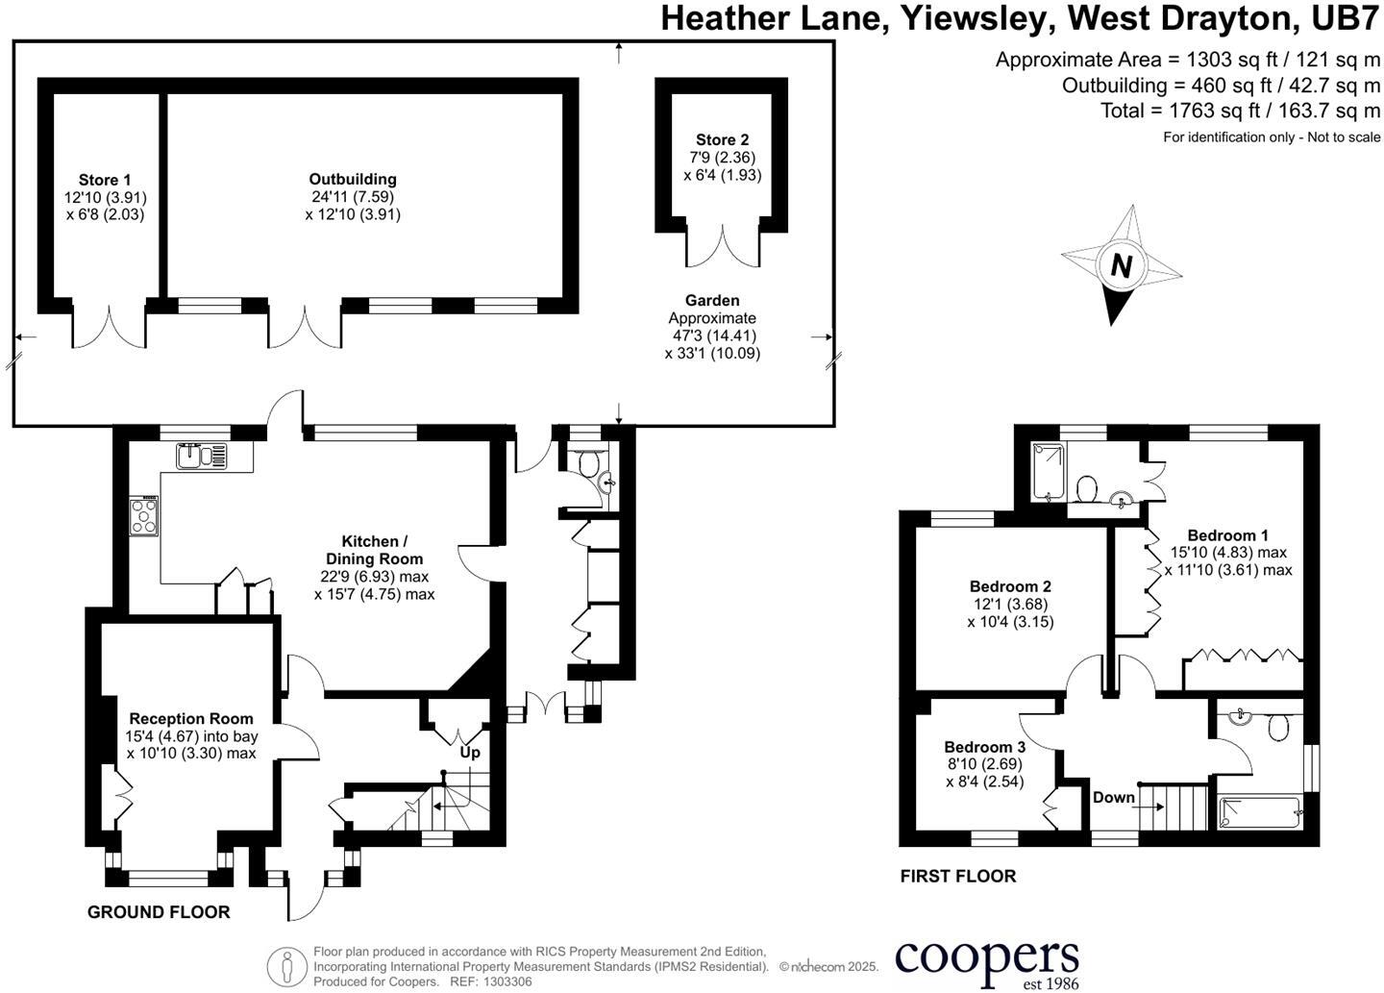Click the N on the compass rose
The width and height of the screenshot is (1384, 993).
click(x=1122, y=266)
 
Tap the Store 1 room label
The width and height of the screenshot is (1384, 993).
click(x=105, y=180)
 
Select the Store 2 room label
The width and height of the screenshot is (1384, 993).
click(x=723, y=139)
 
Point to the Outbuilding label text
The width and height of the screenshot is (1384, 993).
click(x=353, y=179)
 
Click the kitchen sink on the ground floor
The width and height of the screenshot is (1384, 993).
click(x=202, y=457)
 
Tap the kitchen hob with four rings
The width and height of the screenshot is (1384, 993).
click(x=144, y=515)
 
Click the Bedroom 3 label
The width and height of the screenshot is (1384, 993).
click(x=985, y=747)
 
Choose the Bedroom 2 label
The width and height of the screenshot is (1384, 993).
click(x=1010, y=586)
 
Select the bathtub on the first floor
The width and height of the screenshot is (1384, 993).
click(x=1261, y=812)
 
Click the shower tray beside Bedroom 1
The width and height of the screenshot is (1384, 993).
click(x=1050, y=472)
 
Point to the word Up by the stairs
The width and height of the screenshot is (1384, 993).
click(x=470, y=754)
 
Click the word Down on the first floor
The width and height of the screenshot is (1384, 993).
click(x=1114, y=797)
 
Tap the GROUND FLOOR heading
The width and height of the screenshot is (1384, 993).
click(x=159, y=912)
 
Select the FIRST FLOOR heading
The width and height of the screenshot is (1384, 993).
click(x=958, y=877)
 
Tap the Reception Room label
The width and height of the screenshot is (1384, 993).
click(x=191, y=719)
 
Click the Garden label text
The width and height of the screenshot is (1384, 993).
click(x=712, y=300)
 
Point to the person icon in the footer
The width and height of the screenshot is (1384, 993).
click(x=287, y=965)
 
